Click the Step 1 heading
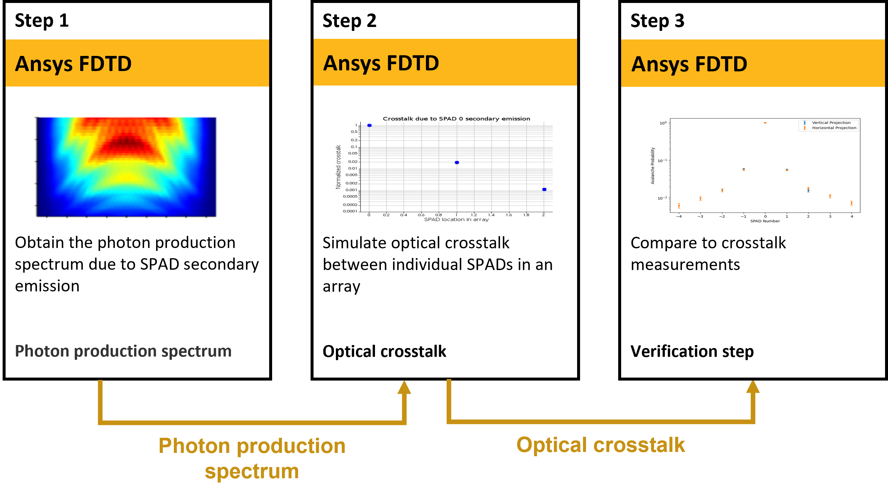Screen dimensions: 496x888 (42, 21)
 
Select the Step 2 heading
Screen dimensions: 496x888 (349, 21)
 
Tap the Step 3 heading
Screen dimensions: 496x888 (657, 21)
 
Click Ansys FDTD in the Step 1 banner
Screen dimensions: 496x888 (73, 64)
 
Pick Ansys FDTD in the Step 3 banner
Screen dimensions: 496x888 (689, 64)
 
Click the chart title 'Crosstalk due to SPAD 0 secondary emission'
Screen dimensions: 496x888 (456, 119)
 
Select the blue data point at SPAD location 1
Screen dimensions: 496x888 (457, 162)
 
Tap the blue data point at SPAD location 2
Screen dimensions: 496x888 (544, 189)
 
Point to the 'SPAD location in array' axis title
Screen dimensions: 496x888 (456, 219)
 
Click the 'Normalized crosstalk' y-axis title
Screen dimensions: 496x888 (338, 167)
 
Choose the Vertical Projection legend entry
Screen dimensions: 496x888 (831, 122)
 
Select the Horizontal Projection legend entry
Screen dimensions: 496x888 (833, 128)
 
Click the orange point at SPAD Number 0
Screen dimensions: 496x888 (765, 123)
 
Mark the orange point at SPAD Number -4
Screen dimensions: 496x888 (679, 206)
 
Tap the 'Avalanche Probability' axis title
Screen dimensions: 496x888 (652, 166)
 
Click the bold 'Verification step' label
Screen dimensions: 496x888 (692, 351)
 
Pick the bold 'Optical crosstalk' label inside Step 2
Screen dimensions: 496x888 (384, 351)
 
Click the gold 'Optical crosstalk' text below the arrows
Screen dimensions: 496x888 (600, 445)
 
